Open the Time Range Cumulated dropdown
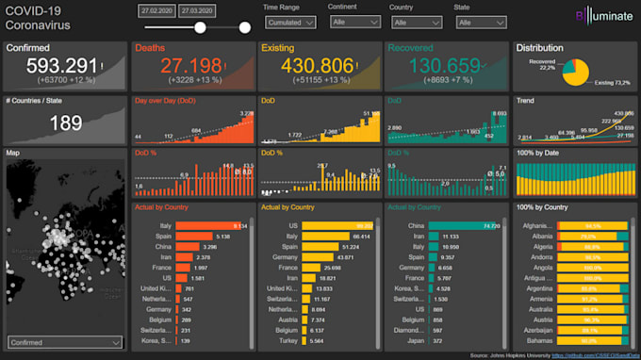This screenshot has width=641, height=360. [x=290, y=22]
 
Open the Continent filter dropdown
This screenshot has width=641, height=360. [x=349, y=22]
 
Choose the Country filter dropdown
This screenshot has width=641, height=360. [x=411, y=22]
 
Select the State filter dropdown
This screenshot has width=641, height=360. [x=475, y=22]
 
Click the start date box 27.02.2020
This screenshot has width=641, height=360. [x=158, y=9]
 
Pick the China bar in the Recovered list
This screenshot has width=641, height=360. [x=464, y=226]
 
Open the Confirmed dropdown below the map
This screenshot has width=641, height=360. [x=64, y=342]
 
